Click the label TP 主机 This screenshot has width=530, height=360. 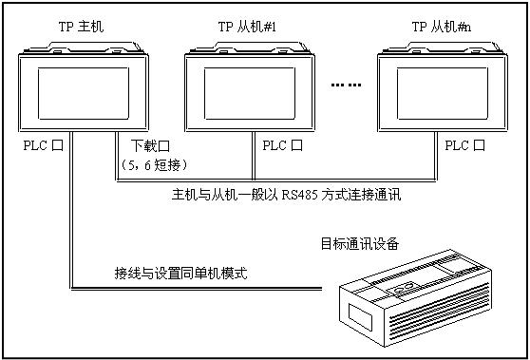click(x=81, y=27)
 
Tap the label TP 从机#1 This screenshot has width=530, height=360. click(x=247, y=27)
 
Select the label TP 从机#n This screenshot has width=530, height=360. click(x=442, y=27)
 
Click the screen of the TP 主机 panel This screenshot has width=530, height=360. click(x=84, y=93)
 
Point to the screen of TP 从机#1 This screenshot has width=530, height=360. click(x=250, y=93)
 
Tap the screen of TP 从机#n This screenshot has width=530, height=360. click(x=443, y=93)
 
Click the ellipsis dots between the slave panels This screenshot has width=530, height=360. click(x=346, y=85)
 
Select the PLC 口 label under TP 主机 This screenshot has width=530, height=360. click(x=44, y=145)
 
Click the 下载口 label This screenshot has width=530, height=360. click(x=150, y=145)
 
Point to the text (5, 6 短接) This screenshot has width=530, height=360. click(x=154, y=165)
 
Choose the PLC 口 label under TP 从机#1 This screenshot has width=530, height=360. click(x=283, y=145)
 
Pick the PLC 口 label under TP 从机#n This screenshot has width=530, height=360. click(x=464, y=145)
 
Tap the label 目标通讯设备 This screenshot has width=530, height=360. click(x=360, y=243)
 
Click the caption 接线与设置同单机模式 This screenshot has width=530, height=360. click(x=180, y=273)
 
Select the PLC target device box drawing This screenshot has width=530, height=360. click(x=415, y=298)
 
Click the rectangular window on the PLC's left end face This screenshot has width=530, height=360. click(x=360, y=317)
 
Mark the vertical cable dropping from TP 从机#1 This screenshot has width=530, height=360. click(x=254, y=155)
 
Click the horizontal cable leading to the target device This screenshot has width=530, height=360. click(x=197, y=289)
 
